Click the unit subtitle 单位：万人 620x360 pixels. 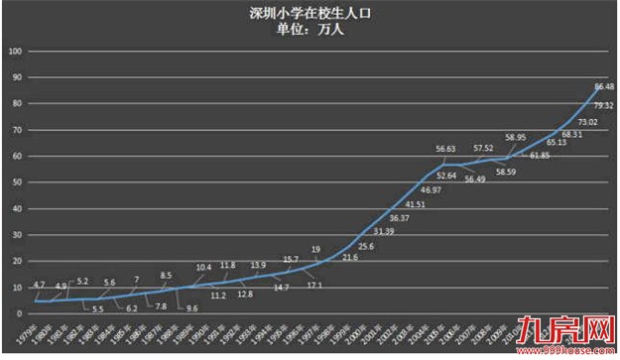310,30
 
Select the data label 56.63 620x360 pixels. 447,149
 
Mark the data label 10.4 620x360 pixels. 203,268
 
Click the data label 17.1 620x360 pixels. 314,285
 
